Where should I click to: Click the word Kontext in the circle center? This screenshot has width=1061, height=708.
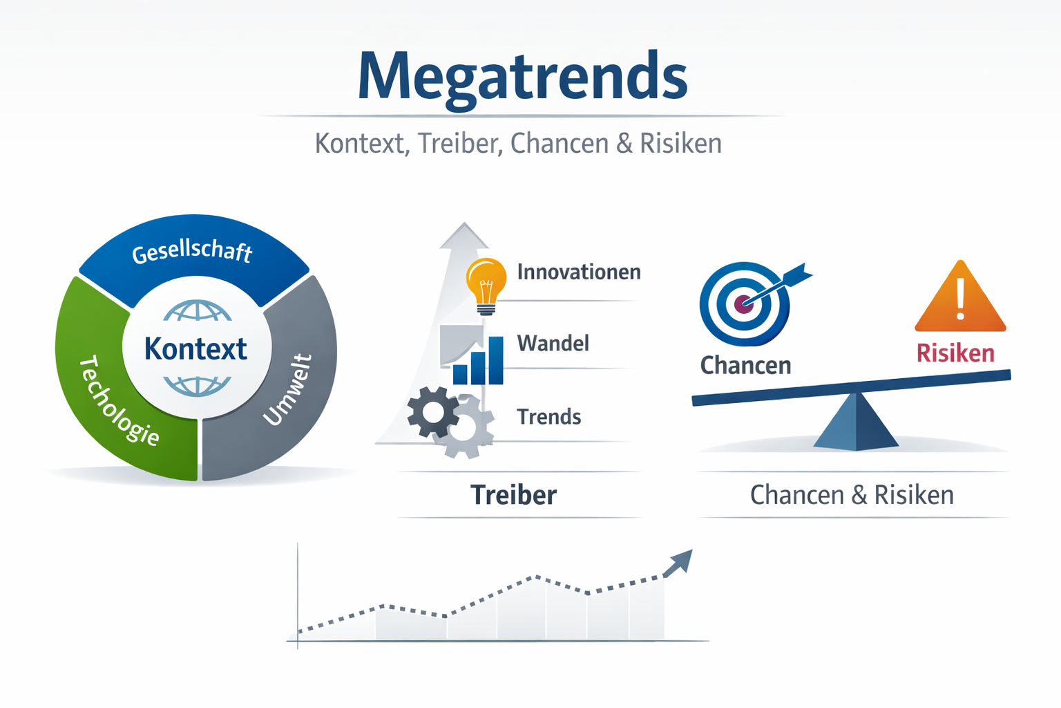point(195,349)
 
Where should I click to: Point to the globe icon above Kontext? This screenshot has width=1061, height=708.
point(198,311)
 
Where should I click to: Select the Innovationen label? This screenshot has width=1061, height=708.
point(578,272)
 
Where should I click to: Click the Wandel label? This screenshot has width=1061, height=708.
point(553,343)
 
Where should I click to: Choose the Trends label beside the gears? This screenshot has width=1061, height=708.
point(548,417)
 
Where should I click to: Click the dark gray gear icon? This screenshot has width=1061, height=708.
point(432,413)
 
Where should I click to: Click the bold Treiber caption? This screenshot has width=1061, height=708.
point(513,495)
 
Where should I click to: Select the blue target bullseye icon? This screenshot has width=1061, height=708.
point(745,304)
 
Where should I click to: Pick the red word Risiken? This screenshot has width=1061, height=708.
point(955,353)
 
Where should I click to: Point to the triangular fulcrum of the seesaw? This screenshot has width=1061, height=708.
point(856,423)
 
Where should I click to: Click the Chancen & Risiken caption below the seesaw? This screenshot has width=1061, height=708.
point(852,495)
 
